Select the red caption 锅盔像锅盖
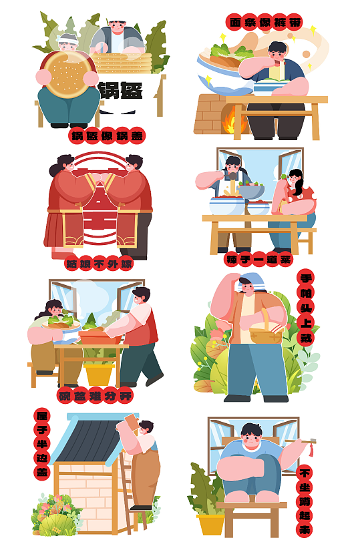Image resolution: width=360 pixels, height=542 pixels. (107, 137)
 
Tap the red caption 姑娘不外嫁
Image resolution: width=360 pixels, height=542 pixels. (99, 264)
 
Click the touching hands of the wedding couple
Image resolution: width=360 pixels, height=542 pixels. (100, 179)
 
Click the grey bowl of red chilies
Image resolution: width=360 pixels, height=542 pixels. (251, 191)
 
